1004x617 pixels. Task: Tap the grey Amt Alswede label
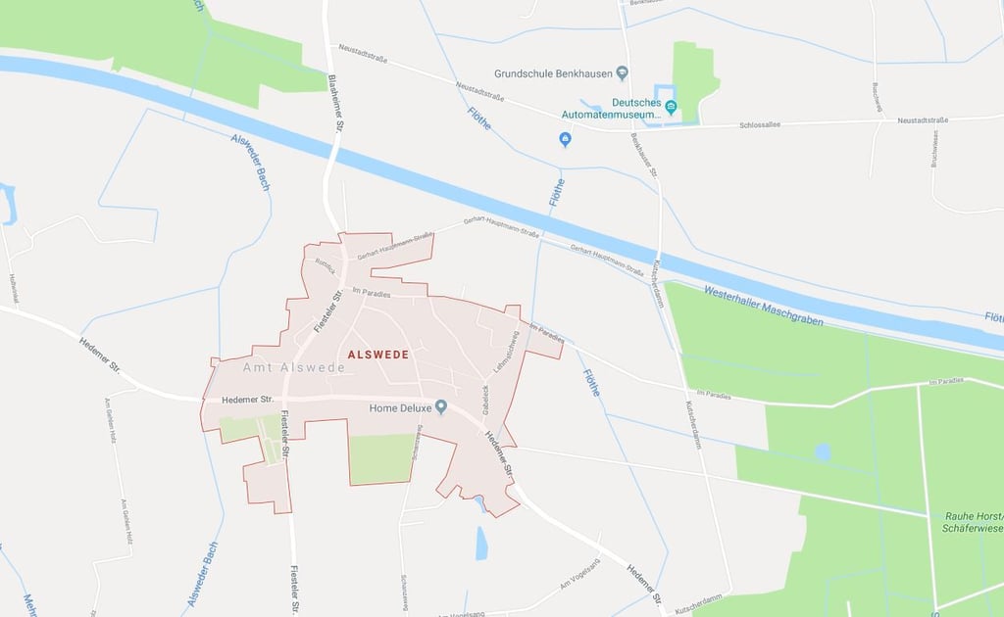[x=293, y=368]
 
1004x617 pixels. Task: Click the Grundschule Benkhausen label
[x=553, y=73]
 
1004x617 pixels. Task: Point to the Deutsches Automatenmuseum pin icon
[x=672, y=106]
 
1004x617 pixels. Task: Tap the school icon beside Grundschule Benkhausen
[x=622, y=73]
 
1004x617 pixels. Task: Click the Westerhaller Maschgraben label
[x=764, y=306]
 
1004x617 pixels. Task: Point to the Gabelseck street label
[x=484, y=396]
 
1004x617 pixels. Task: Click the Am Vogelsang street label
[x=577, y=584]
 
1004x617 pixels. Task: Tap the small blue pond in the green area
[x=823, y=451]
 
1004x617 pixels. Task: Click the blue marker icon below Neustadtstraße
[x=565, y=139]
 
